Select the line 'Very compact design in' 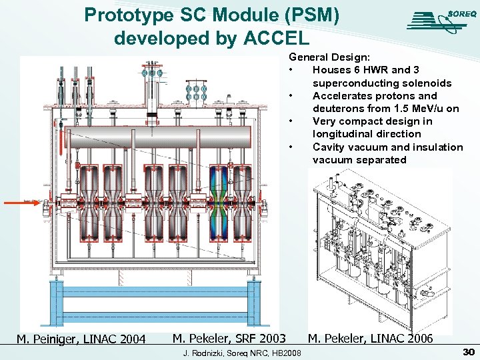(372, 121)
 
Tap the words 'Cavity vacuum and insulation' (387, 147)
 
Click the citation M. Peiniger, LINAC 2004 (81, 339)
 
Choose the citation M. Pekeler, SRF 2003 (229, 339)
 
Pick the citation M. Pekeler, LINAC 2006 (370, 339)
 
